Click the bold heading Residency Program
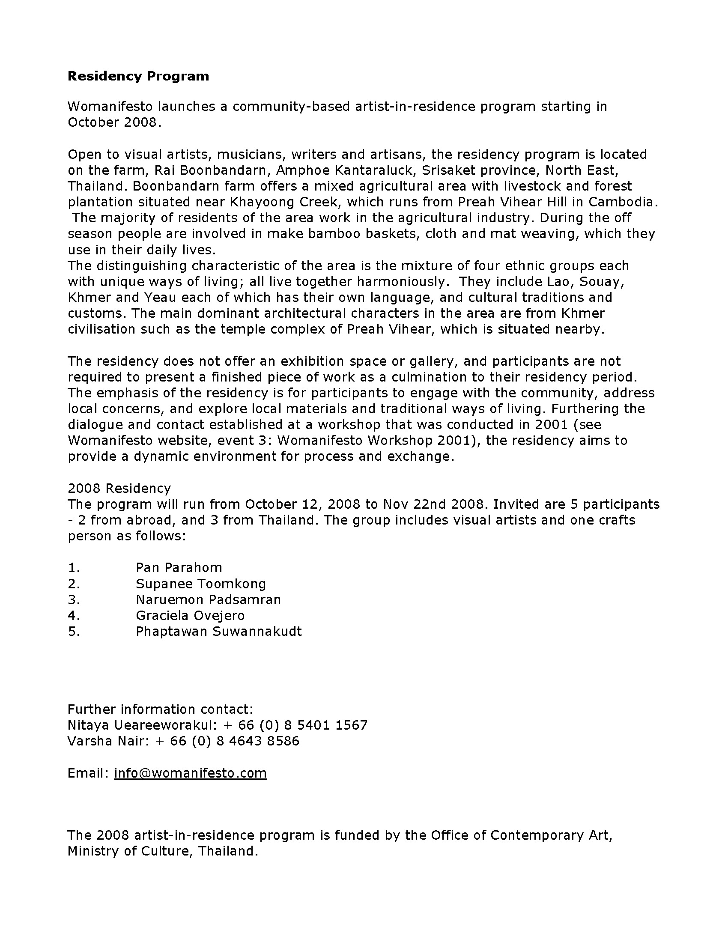pyautogui.click(x=138, y=76)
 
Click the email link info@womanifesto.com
pyautogui.click(x=190, y=784)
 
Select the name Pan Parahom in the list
pyautogui.click(x=179, y=567)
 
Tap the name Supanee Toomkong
pyautogui.click(x=200, y=584)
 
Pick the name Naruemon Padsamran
pyautogui.click(x=208, y=599)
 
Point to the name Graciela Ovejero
pyautogui.click(x=190, y=615)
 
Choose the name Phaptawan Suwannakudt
pyautogui.click(x=219, y=632)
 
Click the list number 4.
pyautogui.click(x=74, y=615)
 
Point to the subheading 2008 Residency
pyautogui.click(x=119, y=488)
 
